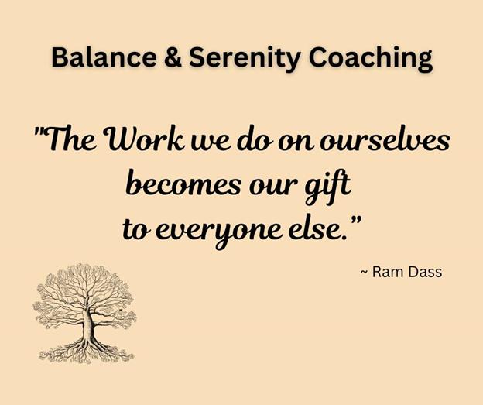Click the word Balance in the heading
[104, 57]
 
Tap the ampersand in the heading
[173, 57]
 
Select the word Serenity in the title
[245, 59]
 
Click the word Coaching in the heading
[371, 59]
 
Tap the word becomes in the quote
[183, 183]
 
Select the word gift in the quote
[327, 187]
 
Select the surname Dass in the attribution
[429, 272]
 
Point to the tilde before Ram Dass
[364, 273]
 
